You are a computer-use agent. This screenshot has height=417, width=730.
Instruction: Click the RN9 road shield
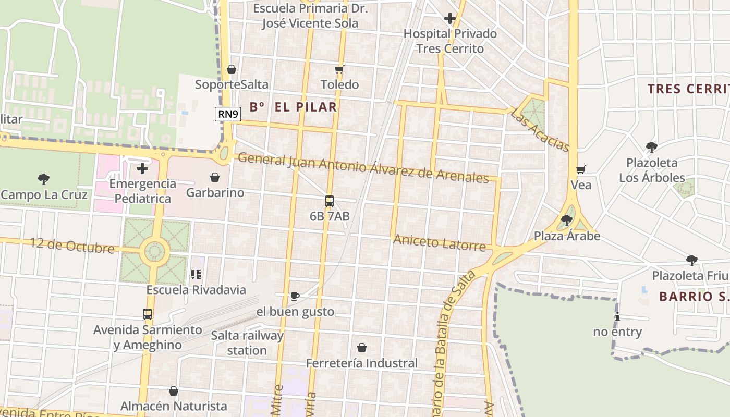(228, 114)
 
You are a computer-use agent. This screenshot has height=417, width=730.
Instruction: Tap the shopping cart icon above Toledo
(339, 69)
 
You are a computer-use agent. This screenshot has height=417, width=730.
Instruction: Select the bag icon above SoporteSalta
(232, 69)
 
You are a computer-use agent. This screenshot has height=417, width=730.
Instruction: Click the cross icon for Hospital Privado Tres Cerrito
(450, 19)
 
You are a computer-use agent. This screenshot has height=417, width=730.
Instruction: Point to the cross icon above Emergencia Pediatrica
(142, 168)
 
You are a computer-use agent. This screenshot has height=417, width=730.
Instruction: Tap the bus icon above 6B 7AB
(330, 201)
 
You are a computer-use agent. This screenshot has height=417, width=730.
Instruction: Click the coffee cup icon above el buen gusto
(295, 297)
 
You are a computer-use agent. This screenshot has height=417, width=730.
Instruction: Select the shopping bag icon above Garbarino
(215, 178)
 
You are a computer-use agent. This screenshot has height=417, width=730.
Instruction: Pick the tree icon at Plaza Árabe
(567, 221)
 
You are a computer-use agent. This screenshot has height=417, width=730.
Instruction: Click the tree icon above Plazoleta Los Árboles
(651, 148)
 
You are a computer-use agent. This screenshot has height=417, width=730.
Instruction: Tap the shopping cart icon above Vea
(581, 170)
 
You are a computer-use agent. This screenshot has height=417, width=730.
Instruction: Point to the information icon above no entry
(617, 316)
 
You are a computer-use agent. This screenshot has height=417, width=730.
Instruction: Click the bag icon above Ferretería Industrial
(362, 348)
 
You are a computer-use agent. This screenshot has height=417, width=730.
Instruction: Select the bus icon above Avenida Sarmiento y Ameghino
(148, 314)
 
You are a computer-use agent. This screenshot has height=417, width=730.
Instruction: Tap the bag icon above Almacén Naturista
(174, 391)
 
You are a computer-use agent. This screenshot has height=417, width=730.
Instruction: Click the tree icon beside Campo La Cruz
(44, 179)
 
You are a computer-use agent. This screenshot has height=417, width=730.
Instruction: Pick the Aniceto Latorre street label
(440, 242)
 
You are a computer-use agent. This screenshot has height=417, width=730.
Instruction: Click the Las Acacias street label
(540, 130)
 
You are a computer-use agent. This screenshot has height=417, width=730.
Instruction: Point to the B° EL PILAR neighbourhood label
(293, 107)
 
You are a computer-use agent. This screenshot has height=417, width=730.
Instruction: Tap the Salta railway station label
(247, 342)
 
